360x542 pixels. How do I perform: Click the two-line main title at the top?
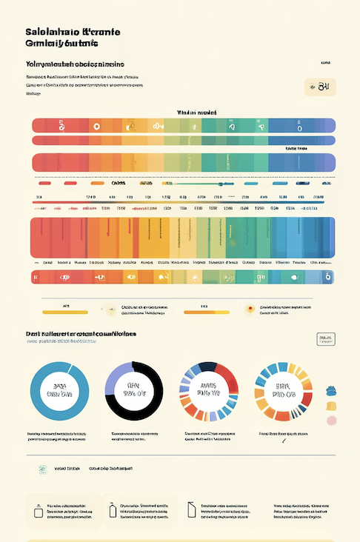73,39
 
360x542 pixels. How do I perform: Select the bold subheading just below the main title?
74,64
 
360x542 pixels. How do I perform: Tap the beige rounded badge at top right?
320,88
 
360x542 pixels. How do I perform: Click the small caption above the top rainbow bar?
196,112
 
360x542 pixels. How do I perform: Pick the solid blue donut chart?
59,391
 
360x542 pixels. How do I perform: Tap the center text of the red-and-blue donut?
209,390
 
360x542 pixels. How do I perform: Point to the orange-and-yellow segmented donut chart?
284,390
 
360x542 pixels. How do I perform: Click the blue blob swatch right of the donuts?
331,389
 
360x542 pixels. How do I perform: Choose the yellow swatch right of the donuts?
331,406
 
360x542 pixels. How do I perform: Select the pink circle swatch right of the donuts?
331,421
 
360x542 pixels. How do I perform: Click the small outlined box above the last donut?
325,339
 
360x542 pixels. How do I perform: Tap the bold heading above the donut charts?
81,334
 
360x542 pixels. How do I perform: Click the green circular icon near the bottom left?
43,469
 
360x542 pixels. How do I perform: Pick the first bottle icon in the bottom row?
37,510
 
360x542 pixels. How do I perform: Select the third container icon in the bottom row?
192,509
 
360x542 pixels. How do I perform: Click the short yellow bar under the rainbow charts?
65,312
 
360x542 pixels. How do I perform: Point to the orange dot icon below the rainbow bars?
250,309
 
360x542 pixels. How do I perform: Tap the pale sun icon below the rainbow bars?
110,308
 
